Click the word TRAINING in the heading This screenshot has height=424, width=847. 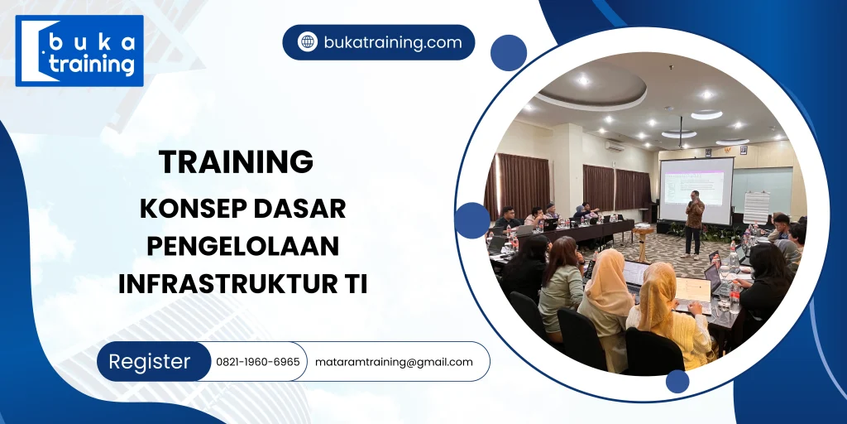coord(236,161)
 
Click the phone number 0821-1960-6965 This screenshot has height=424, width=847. coord(258,362)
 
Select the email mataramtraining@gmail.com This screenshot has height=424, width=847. coord(394,362)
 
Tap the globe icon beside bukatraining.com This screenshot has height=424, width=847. coord(308,42)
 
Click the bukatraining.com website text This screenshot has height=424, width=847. coord(392,42)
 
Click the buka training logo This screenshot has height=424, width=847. coord(79,51)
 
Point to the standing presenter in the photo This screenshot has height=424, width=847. coord(694,221)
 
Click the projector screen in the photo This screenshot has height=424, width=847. coord(696,190)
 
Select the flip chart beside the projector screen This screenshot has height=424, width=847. coord(756,207)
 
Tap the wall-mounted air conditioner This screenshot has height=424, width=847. coord(614,145)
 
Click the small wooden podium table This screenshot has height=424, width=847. coord(643,243)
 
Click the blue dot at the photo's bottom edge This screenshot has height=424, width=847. coord(677,381)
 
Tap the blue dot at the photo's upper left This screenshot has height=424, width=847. coord(508,53)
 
